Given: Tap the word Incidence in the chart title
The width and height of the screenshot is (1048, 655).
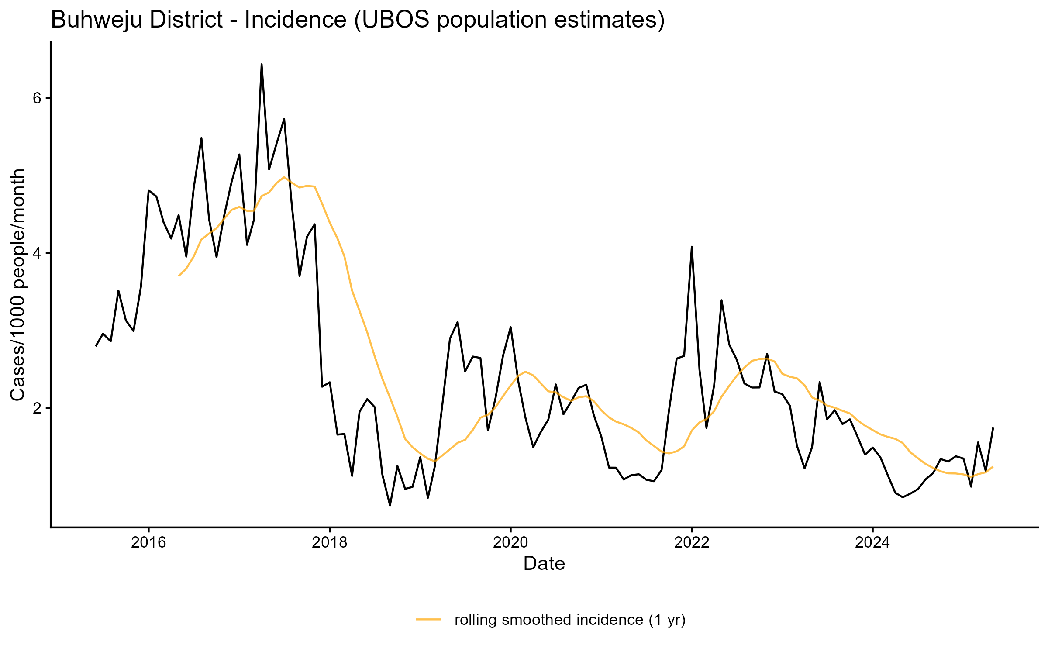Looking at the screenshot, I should coord(295,20).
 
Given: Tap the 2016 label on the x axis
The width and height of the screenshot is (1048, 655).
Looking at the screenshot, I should coord(148,542).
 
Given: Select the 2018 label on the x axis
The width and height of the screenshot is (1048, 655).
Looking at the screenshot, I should coord(330,542).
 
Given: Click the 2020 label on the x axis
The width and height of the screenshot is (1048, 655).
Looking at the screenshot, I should coord(510,542).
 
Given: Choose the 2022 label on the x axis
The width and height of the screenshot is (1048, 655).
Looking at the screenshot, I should coord(692,542).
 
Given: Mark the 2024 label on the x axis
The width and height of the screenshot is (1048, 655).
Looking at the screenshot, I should coord(872,542).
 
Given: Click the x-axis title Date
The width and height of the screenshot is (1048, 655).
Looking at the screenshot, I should coord(544,564).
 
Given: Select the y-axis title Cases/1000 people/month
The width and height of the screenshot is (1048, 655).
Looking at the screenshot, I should coord(18,285).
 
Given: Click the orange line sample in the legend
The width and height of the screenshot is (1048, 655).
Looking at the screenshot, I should coord(429,619).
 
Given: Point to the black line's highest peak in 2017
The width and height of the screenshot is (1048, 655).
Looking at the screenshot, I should coord(262,65).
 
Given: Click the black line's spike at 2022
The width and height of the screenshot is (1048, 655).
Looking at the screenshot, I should coord(692,247).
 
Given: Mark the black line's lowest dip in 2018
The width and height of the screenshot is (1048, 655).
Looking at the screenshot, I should coord(390,505).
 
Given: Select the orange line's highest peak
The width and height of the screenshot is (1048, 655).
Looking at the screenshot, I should coord(284,177).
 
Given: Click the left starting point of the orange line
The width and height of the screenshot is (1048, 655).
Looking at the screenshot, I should coord(179,276).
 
